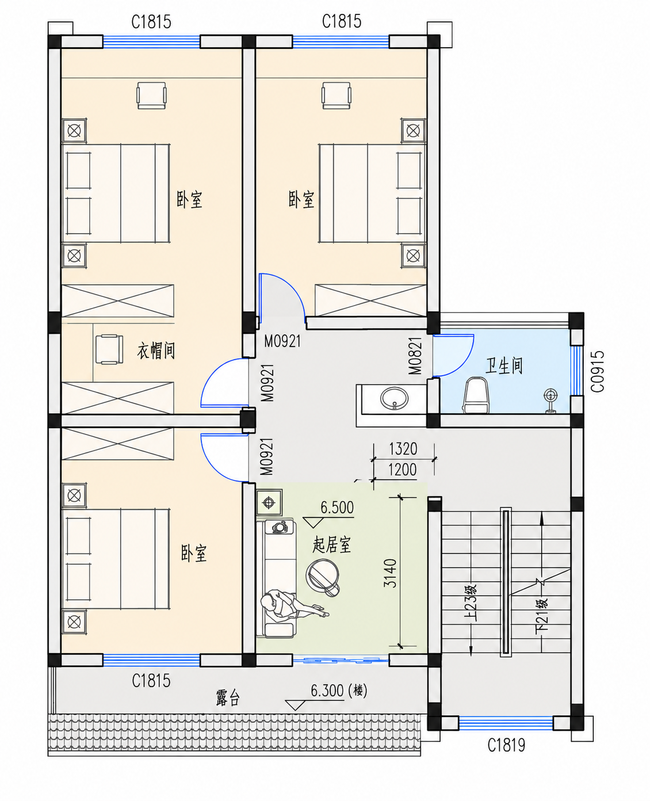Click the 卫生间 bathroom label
(504, 365)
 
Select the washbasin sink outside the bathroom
(394, 398)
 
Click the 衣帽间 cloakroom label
(156, 351)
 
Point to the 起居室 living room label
(331, 544)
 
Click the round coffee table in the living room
(322, 576)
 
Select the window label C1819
(506, 745)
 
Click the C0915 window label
(598, 371)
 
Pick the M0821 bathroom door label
(415, 356)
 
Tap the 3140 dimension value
(390, 574)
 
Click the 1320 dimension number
(403, 449)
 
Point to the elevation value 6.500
(337, 508)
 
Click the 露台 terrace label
(228, 698)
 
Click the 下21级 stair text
(542, 616)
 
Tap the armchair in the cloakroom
(109, 349)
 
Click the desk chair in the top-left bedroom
(151, 96)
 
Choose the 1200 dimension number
(402, 470)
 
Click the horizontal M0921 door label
(282, 341)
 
